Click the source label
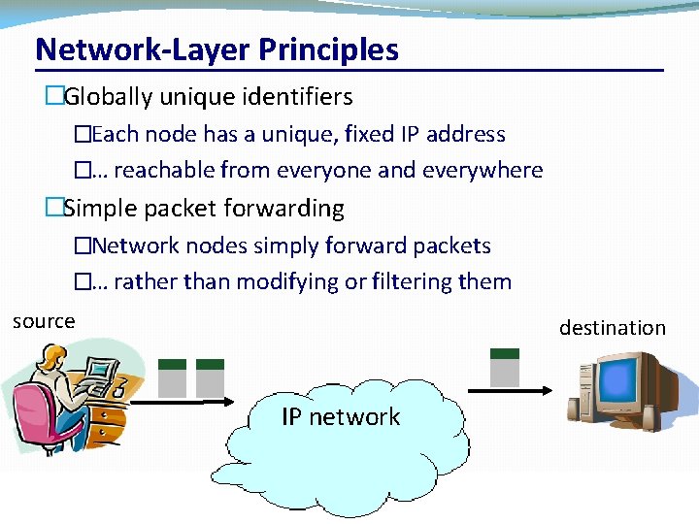(44, 321)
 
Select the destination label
(613, 328)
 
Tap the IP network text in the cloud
(341, 417)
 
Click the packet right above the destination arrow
(503, 367)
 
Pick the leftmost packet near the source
(172, 377)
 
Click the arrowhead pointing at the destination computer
(548, 391)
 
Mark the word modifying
(293, 282)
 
